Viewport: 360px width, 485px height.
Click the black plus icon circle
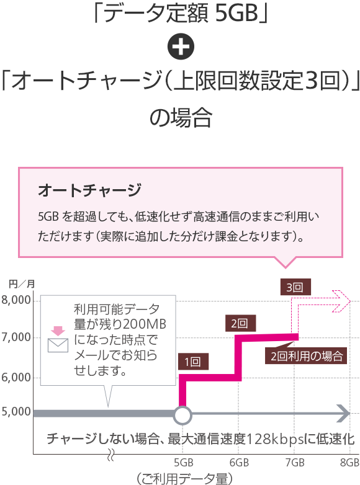(181, 47)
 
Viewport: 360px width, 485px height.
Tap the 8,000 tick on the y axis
(16, 300)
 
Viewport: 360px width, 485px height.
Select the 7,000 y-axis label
(16, 337)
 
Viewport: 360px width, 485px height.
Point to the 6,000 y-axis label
(16, 378)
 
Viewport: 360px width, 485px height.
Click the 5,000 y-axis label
(16, 412)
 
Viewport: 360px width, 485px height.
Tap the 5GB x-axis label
(184, 463)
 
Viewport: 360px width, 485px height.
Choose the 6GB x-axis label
(240, 463)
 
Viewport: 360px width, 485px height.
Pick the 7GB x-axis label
(295, 463)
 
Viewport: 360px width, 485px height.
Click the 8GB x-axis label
(349, 463)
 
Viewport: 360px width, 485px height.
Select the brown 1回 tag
(193, 362)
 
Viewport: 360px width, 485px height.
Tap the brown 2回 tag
(240, 323)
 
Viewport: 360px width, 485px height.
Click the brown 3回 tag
(295, 287)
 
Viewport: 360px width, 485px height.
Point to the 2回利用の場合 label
(306, 356)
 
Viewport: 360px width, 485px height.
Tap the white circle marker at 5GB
(182, 415)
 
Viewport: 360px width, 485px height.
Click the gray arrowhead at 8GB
(343, 414)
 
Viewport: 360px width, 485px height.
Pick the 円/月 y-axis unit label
(22, 284)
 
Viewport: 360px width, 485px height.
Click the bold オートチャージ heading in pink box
(90, 190)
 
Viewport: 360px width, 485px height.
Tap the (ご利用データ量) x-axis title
(184, 479)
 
